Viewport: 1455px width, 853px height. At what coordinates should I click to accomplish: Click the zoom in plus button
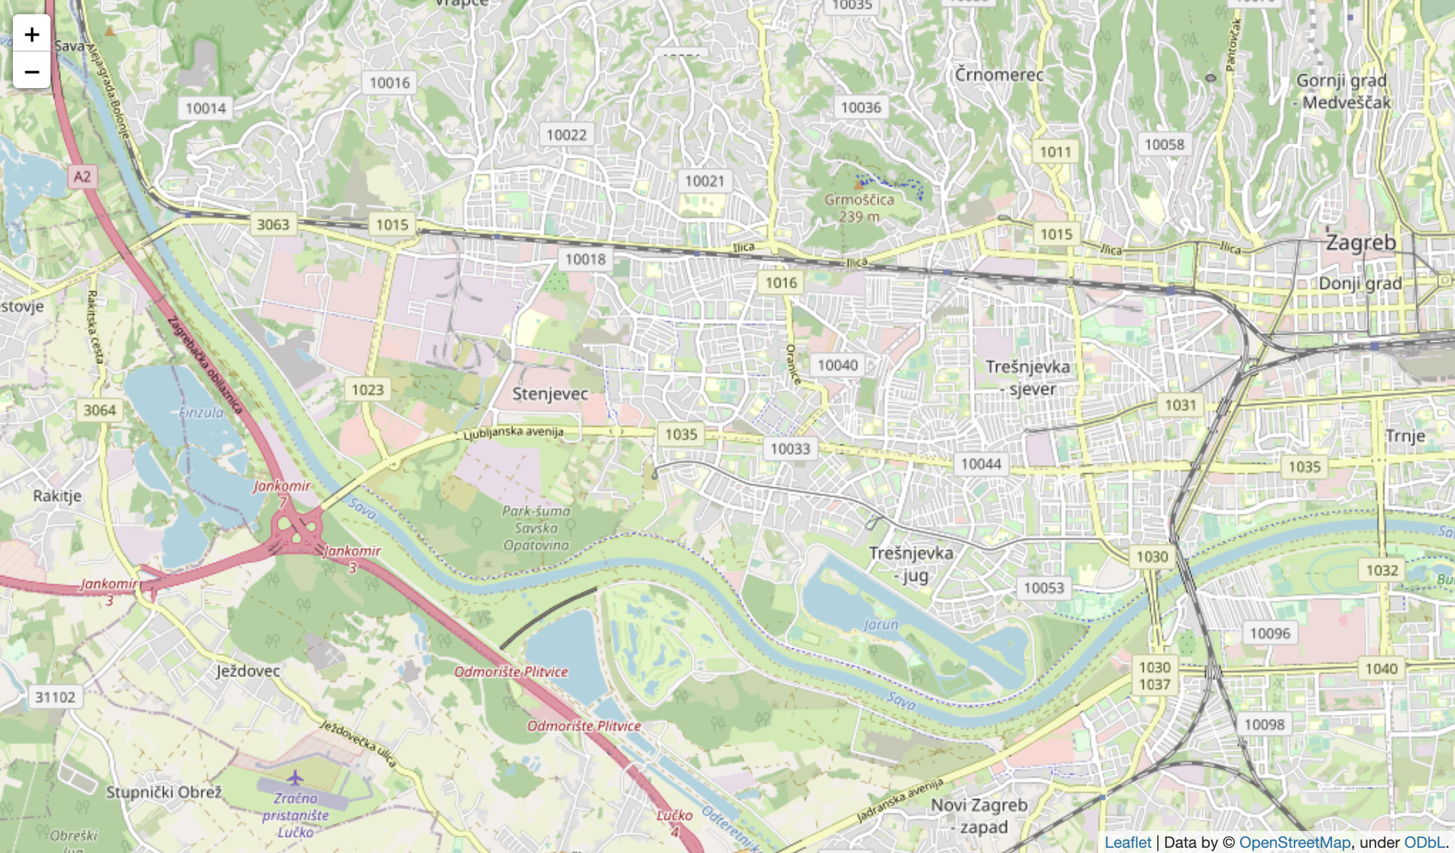click(32, 34)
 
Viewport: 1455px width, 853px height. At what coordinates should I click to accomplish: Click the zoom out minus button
click(32, 71)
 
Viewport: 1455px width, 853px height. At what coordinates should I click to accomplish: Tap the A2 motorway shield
click(82, 177)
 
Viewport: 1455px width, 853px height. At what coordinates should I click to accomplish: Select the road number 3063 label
click(273, 225)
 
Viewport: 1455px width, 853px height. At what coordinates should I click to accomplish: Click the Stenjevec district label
click(550, 393)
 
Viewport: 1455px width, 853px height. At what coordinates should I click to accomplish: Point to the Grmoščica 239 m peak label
click(859, 208)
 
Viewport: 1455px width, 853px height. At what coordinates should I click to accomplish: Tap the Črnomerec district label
click(999, 75)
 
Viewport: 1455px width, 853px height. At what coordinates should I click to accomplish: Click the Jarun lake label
click(881, 625)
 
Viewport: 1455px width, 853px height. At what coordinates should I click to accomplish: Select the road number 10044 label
click(981, 464)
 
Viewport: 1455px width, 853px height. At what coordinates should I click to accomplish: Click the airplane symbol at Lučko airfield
click(295, 777)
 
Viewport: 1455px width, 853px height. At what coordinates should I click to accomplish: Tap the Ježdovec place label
click(249, 671)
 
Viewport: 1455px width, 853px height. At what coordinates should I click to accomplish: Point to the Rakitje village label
click(58, 496)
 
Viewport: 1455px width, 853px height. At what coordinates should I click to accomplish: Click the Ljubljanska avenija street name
click(513, 432)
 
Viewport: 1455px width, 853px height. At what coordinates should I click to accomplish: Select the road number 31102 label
click(55, 697)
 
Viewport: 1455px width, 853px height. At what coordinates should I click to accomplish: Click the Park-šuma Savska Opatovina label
click(537, 528)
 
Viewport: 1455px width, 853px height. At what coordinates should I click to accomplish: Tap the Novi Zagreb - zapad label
click(979, 815)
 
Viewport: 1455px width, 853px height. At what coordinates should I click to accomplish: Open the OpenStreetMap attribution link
click(1294, 842)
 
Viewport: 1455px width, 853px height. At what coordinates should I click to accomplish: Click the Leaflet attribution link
click(1127, 842)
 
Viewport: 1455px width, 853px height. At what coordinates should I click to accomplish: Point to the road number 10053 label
click(1044, 588)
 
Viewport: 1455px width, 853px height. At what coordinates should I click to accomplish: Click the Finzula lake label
click(201, 412)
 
